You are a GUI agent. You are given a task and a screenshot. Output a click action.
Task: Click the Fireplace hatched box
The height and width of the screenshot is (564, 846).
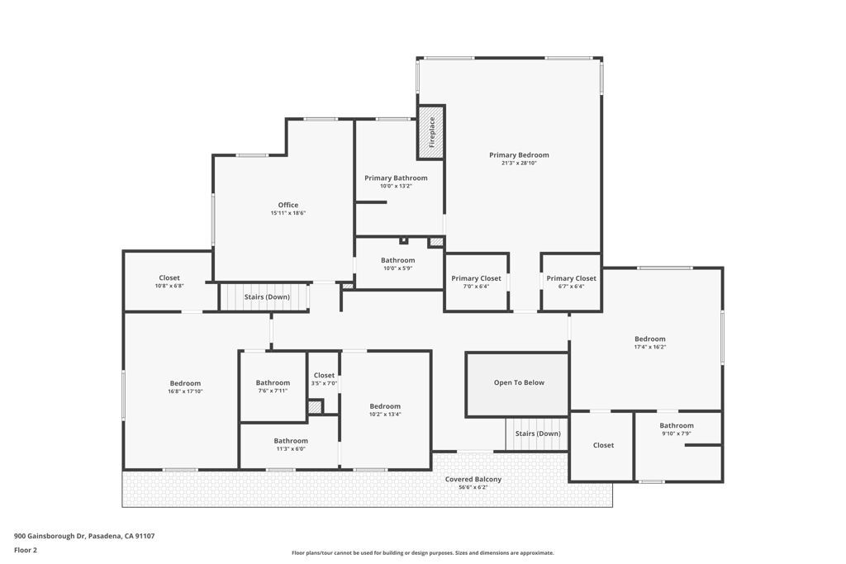[430, 131]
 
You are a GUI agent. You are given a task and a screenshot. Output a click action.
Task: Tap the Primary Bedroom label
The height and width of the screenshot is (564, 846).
[519, 155]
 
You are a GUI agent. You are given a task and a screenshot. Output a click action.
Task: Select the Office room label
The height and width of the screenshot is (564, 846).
[288, 205]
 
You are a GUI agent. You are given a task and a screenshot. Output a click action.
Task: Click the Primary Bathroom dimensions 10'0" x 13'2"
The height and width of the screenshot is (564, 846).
[396, 187]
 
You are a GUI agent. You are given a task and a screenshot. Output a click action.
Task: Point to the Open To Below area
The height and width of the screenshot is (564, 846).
[519, 383]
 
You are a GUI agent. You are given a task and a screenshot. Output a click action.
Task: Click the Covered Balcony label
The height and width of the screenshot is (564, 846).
[473, 480]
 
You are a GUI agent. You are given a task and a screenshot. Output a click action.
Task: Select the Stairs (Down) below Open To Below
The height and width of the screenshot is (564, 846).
[537, 434]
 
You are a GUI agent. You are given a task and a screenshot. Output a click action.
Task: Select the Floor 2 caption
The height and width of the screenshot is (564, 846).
[26, 550]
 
